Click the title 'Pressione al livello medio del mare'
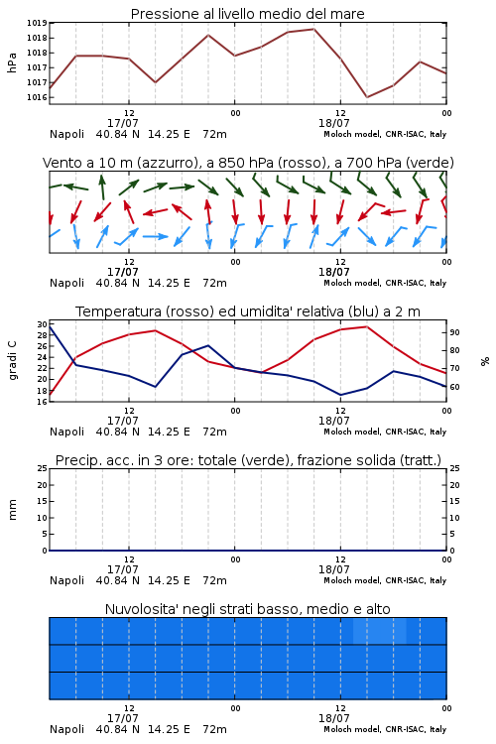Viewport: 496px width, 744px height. [x=247, y=14]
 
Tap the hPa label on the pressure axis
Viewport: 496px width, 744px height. [x=12, y=62]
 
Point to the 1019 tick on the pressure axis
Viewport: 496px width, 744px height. [x=36, y=23]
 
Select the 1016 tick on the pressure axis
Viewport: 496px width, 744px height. [x=36, y=97]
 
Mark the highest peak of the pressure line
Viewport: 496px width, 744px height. [x=313, y=29]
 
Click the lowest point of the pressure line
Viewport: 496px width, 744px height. [x=366, y=97]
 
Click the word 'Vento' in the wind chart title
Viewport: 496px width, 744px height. [x=59, y=163]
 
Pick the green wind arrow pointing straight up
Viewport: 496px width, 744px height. [x=102, y=186]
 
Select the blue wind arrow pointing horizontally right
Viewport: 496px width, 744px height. [x=155, y=236]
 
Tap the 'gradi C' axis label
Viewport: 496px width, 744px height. [x=12, y=361]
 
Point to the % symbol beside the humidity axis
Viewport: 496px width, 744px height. [x=485, y=361]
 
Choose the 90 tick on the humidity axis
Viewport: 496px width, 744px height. [x=454, y=332]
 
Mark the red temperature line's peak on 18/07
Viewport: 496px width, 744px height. [x=366, y=326]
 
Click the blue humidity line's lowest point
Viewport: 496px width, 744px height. [x=340, y=395]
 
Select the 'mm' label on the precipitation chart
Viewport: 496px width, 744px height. [x=12, y=510]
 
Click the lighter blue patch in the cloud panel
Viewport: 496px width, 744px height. [x=380, y=631]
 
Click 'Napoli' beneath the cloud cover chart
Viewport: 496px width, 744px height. [x=66, y=729]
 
